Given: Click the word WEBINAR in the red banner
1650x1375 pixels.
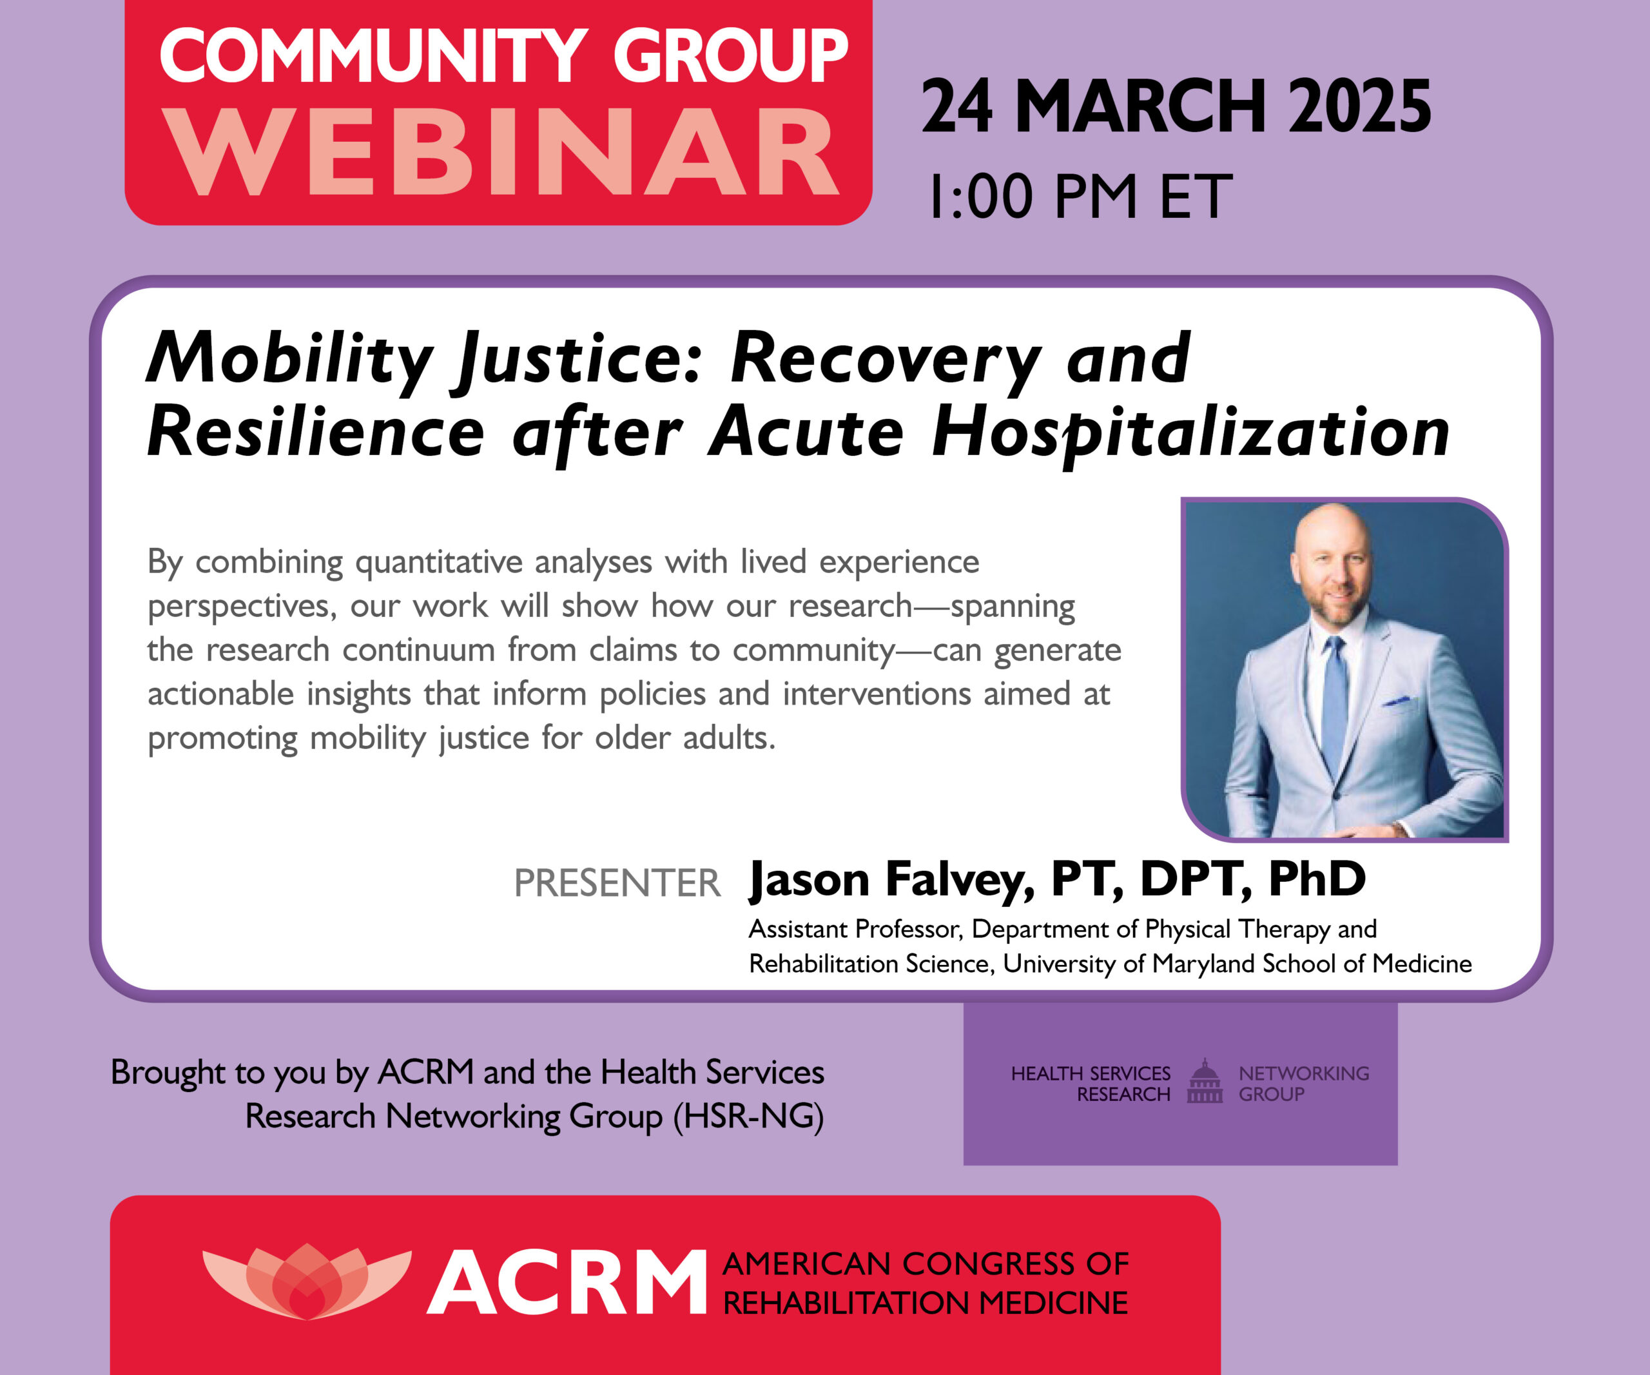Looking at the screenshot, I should click(x=503, y=153).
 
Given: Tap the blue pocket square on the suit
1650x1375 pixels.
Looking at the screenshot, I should click(x=1396, y=699).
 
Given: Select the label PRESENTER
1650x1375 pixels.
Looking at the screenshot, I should click(x=617, y=883).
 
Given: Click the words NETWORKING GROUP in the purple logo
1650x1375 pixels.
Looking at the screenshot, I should click(x=1303, y=1084).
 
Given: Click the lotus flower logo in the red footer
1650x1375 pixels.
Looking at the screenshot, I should click(x=306, y=1281).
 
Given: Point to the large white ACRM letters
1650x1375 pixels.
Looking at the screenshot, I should click(x=567, y=1283).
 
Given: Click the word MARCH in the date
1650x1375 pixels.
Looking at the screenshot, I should click(x=1140, y=108).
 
